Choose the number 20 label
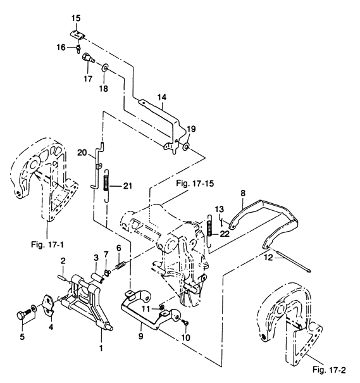pyautogui.click(x=81, y=153)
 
